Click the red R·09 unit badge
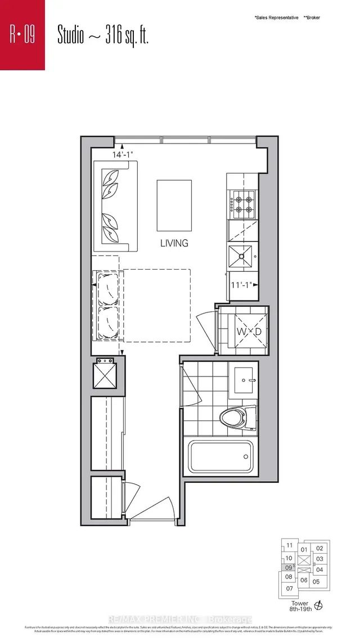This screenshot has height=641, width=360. [22, 35]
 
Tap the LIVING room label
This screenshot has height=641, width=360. [174, 243]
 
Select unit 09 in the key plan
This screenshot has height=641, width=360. [289, 568]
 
